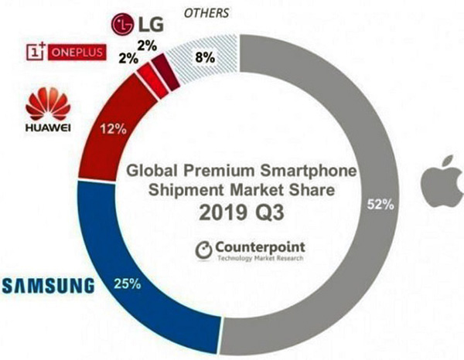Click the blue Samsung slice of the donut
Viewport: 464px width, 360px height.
(x=131, y=247)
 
